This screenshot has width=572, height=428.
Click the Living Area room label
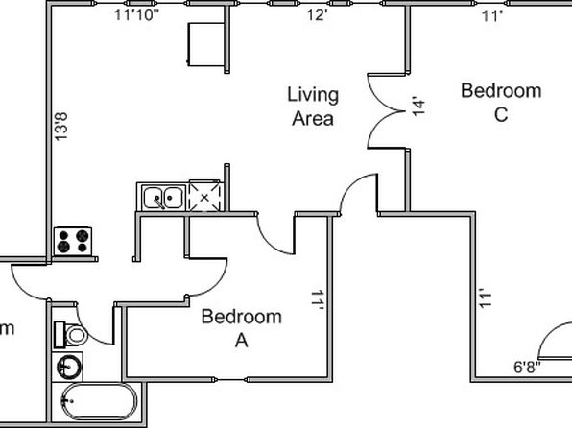tap(313, 107)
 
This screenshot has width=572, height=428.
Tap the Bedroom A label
tap(242, 328)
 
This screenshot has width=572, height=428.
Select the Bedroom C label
tap(501, 103)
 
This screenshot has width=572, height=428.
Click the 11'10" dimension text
tap(137, 15)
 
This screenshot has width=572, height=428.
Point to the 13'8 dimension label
tap(60, 127)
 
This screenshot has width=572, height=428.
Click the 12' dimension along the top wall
tap(317, 15)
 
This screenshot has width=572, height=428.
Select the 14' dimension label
tap(418, 106)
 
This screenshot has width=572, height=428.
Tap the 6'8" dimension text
tap(528, 368)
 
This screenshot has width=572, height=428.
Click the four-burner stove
tap(73, 241)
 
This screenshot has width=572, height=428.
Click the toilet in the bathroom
tap(71, 335)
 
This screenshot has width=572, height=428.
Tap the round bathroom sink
tap(69, 368)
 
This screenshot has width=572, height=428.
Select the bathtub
tap(99, 402)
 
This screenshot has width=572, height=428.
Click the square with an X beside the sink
tap(204, 196)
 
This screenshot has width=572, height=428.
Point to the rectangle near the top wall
tap(206, 44)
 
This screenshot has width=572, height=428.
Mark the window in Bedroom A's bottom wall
tap(229, 379)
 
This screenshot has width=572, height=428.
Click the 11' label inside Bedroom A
tap(317, 300)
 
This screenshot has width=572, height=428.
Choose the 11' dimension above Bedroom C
tap(492, 16)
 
